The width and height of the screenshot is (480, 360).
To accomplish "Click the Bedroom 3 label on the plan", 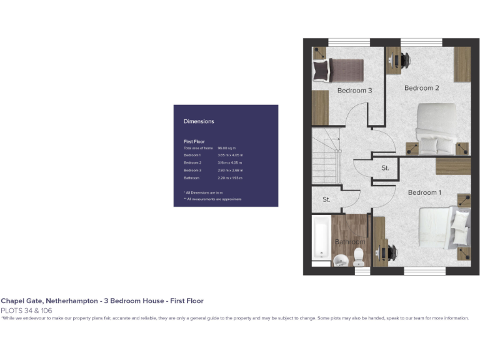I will (354, 91).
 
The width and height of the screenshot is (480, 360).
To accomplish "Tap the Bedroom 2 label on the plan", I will (421, 88).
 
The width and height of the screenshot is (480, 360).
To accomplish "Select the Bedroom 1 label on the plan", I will (425, 192).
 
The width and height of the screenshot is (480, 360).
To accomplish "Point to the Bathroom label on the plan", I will (349, 242).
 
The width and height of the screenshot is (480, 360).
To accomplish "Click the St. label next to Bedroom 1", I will (385, 168).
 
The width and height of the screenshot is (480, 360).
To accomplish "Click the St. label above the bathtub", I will (326, 200).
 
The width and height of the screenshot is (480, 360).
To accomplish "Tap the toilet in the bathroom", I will (359, 255).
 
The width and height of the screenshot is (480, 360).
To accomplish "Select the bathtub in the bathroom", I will (321, 237).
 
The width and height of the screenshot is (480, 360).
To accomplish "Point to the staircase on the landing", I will (326, 164).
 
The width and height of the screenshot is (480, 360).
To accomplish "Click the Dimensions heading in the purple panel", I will (199, 121).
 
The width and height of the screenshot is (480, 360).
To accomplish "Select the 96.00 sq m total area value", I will (226, 147).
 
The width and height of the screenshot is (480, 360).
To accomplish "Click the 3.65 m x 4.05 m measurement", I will (231, 155).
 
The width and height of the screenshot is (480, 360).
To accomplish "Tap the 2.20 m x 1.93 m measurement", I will (231, 178).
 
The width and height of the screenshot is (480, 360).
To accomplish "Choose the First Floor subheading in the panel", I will (194, 142).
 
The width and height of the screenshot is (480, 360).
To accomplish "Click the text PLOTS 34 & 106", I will (26, 311).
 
